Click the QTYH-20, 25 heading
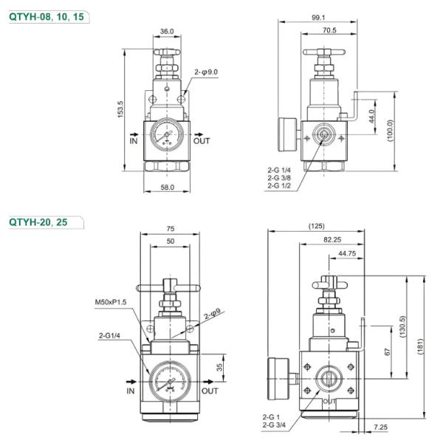pyautogui.click(x=38, y=221)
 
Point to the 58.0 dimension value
pyautogui.click(x=168, y=188)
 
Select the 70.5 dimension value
pyautogui.click(x=329, y=30)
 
